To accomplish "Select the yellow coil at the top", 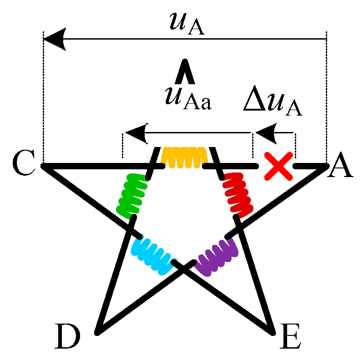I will pyautogui.click(x=185, y=157).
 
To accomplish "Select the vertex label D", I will pyautogui.click(x=69, y=336).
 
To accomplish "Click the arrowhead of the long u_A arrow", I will pyautogui.click(x=54, y=39).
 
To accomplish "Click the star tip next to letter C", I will pyautogui.click(x=44, y=166).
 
